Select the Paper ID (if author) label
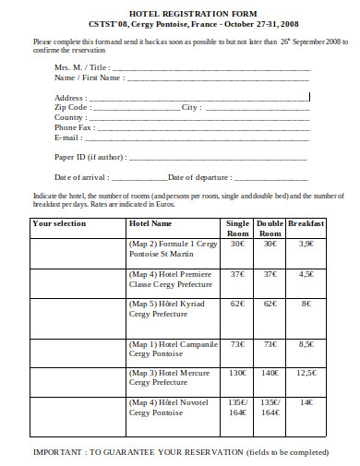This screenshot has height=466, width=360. click(91, 158)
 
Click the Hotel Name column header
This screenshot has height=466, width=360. click(150, 223)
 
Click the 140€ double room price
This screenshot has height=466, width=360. click(270, 373)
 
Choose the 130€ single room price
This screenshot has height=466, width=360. click(237, 373)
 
